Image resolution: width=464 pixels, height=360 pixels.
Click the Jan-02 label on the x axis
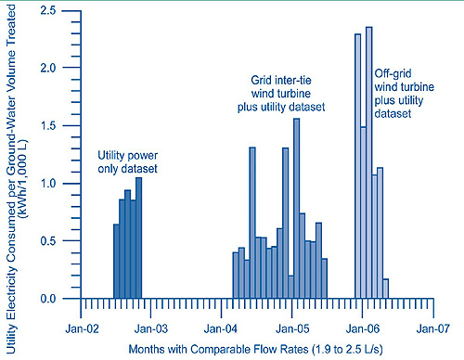point(83,328)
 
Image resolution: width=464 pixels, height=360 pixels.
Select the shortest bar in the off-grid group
point(386,289)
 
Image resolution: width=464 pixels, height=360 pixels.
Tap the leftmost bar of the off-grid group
point(357,167)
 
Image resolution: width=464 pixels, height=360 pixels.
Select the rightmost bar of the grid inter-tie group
point(325,279)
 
